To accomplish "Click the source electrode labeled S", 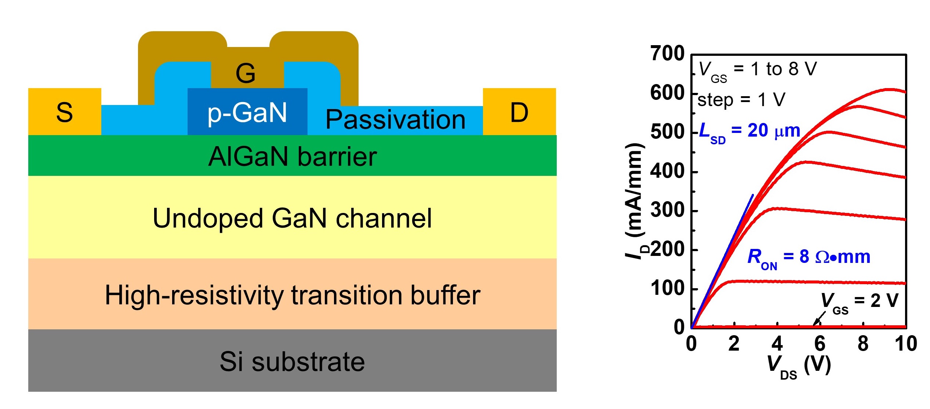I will coord(65,112).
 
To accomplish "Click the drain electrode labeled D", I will coord(519,112).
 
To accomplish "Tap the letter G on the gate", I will coord(246,73).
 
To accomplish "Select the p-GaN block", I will coord(247,112).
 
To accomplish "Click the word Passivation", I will coord(395,120).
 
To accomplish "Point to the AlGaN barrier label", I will coord(293,156).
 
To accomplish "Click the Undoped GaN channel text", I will coord(293,218).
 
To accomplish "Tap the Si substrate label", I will coord(293,362).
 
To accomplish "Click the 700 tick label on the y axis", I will coord(667,54).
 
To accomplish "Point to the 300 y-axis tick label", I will coord(667,210).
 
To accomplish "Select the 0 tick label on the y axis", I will coord(679,327).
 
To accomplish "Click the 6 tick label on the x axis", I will coord(820,344).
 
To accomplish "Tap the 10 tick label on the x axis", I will coord(906,344).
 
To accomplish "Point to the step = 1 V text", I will coord(741,100).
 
